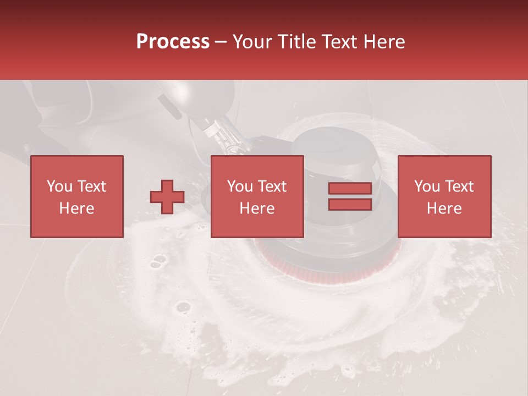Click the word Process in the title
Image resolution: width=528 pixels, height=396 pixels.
click(x=173, y=42)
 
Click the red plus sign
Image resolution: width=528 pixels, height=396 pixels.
click(x=167, y=197)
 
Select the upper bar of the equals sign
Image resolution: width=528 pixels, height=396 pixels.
click(x=350, y=188)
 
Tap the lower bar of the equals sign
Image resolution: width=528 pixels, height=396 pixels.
click(x=350, y=205)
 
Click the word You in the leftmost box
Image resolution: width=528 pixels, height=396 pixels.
click(x=59, y=186)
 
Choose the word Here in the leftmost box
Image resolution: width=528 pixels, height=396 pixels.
click(x=76, y=208)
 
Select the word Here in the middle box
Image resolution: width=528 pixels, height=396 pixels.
click(x=257, y=208)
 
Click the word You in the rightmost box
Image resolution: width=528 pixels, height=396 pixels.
click(x=427, y=186)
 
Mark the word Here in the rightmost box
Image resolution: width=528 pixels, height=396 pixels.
click(x=444, y=208)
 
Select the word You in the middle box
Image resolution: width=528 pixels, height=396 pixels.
click(x=240, y=186)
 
